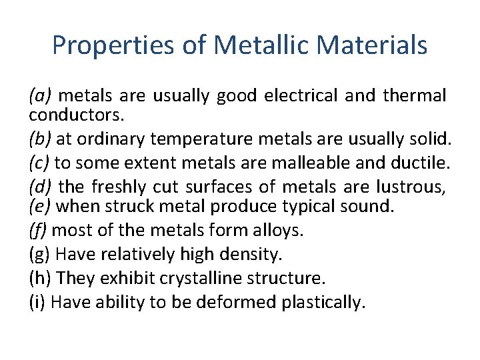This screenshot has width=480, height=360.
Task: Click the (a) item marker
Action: click(x=41, y=96)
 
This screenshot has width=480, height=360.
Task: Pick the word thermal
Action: click(x=415, y=96)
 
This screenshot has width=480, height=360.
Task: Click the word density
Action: click(x=254, y=254)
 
